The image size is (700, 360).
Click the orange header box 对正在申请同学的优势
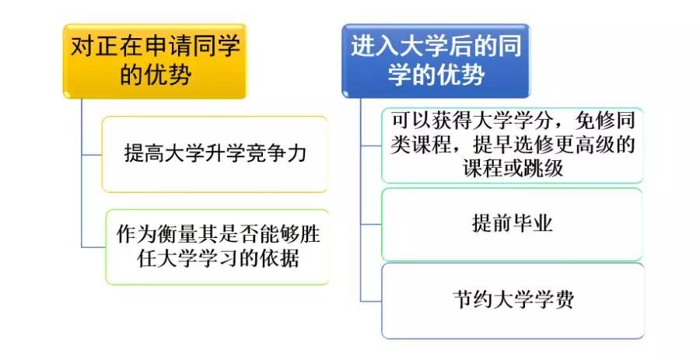tap(154, 61)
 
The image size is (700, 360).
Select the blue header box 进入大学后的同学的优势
tap(435, 61)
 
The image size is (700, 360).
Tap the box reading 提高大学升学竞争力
tap(215, 153)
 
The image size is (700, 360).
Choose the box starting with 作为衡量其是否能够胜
tap(216, 246)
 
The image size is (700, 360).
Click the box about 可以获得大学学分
tap(512, 145)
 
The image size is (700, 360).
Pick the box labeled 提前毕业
tap(512, 224)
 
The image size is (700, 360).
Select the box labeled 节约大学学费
tap(512, 300)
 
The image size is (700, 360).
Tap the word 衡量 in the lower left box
tap(176, 235)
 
